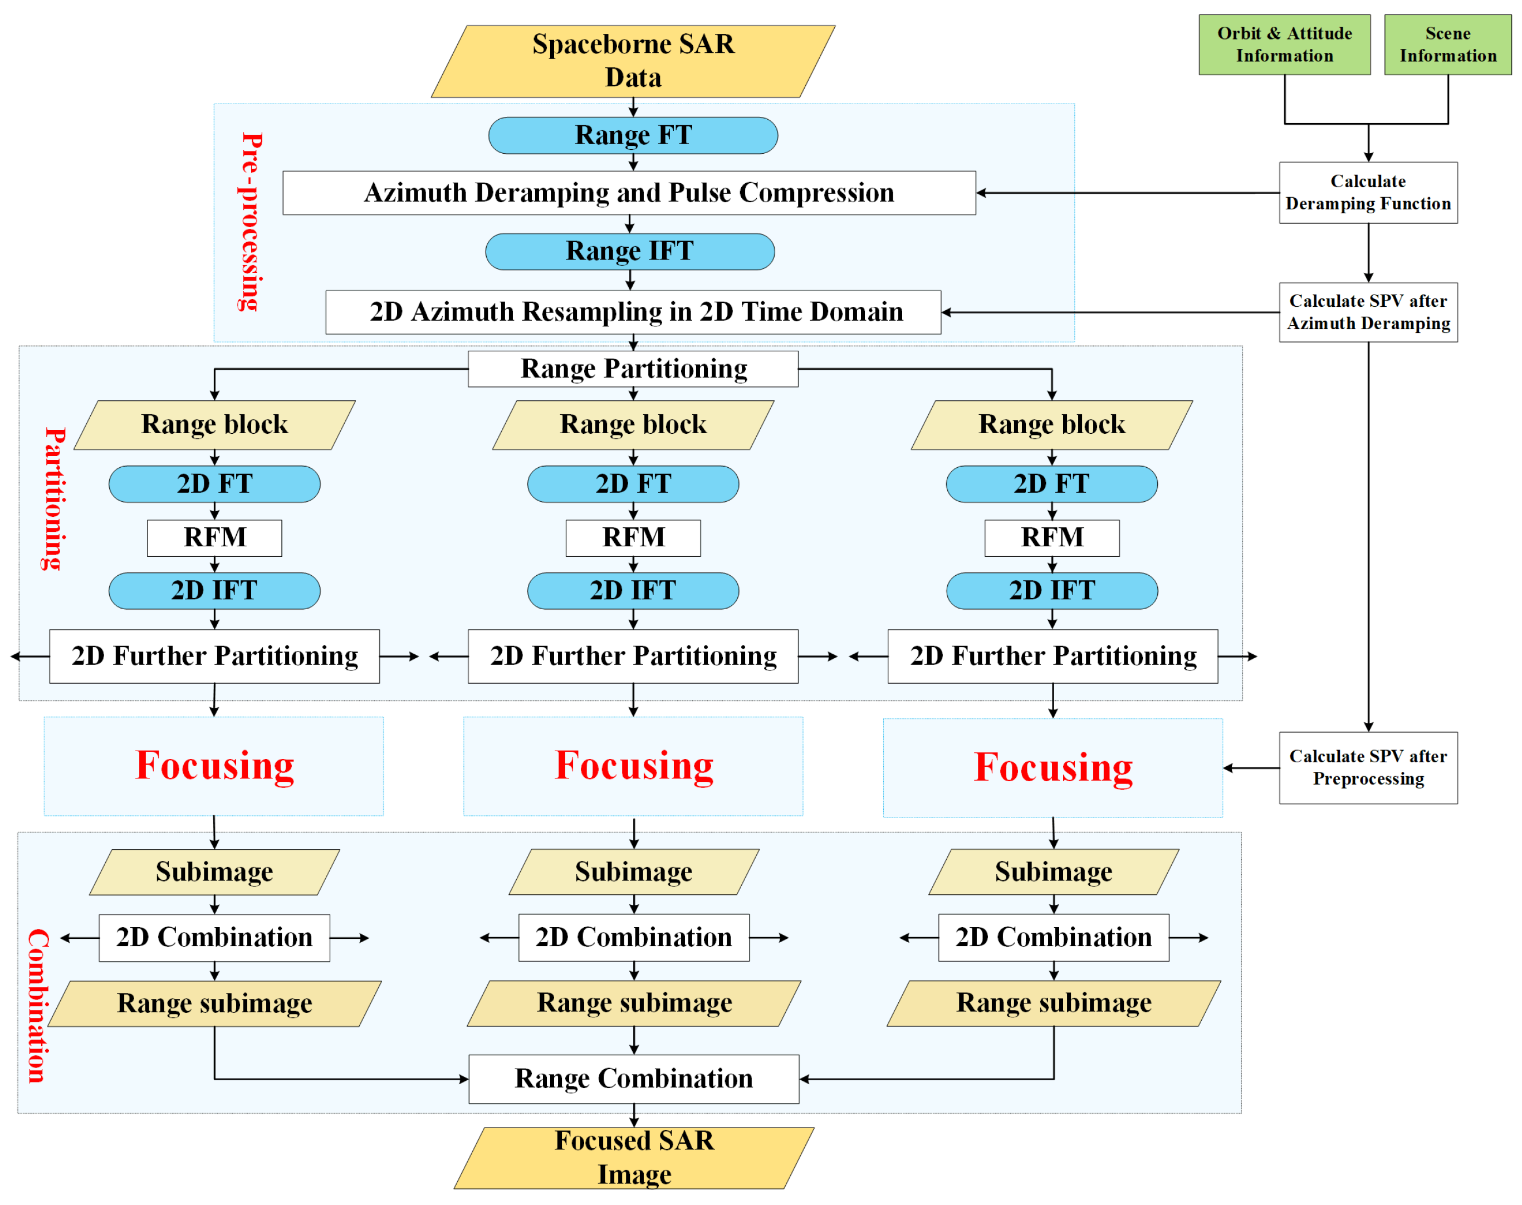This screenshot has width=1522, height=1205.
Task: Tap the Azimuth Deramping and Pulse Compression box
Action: coord(628,192)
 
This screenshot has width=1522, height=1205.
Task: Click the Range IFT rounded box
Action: coord(629,251)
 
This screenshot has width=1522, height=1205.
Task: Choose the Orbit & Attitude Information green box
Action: coord(1284,45)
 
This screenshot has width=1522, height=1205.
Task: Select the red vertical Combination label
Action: coord(37,1005)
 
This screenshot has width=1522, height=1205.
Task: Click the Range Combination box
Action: coord(633,1078)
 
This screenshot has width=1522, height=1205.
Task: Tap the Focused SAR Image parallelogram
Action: coord(633,1157)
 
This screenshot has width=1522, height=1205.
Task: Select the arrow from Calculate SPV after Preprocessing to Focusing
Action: coord(1250,767)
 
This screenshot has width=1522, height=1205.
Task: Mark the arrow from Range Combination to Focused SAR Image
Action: coord(634,1115)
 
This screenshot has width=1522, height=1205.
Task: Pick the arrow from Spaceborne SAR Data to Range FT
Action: coord(633,106)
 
